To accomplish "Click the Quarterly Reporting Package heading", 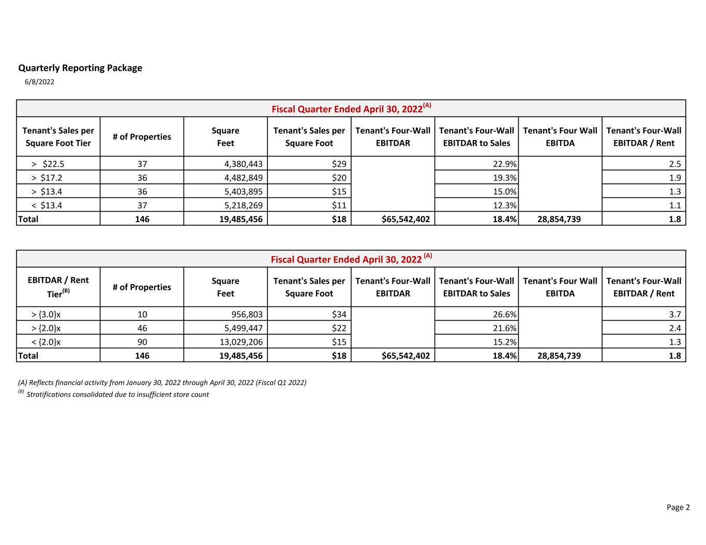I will coord(80,68).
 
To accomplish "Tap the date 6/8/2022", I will coord(39,82).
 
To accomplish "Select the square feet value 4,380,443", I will coord(243,164).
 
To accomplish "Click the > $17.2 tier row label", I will coord(47,178).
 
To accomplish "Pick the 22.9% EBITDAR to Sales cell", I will coord(504,164).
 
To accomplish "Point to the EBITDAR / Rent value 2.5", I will coord(674,164).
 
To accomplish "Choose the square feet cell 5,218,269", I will coord(243,205).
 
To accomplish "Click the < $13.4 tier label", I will coord(47,205).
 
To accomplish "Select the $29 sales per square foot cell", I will coord(339,164).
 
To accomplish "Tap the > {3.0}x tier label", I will coord(46,314).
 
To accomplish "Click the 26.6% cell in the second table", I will coord(504,314).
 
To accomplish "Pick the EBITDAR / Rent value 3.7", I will coord(674,314).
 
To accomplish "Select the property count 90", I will coord(142,342).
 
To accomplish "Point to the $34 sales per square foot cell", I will coord(339,314).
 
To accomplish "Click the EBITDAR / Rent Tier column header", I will coord(58,287).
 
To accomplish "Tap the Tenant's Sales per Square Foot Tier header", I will coord(58,137).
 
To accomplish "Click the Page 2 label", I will coord(678,507).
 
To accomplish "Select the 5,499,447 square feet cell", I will coord(243,328).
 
